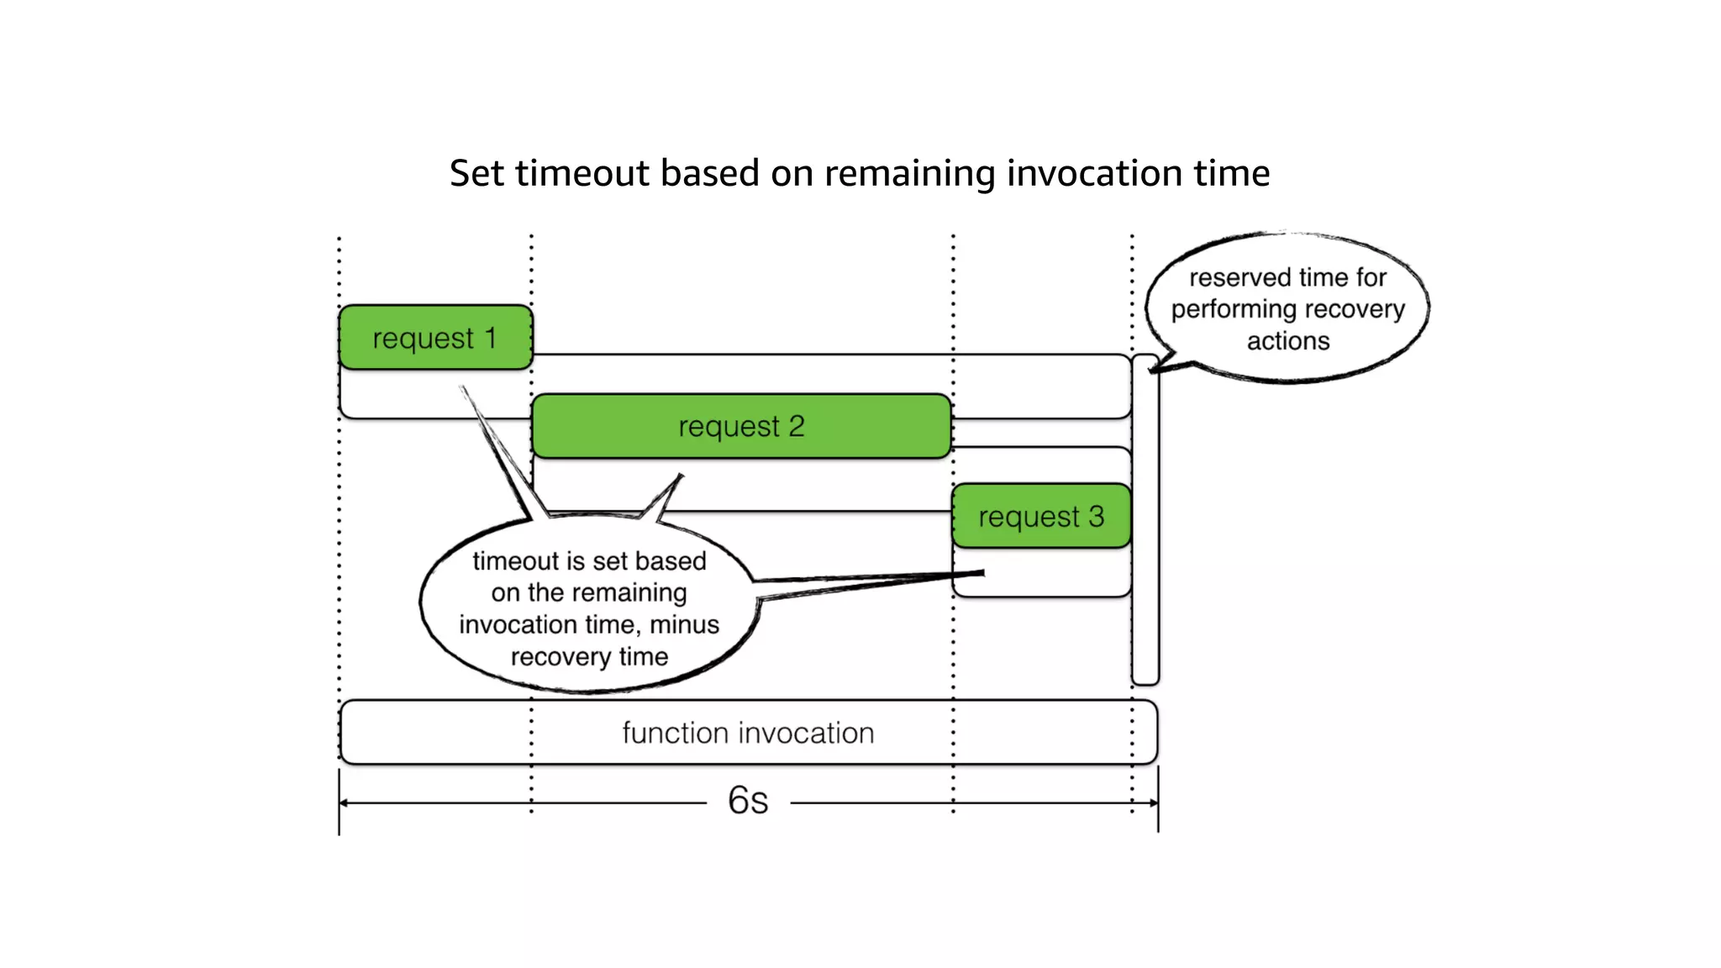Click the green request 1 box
(x=435, y=337)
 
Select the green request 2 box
(x=741, y=426)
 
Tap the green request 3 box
(x=1041, y=516)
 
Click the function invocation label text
(x=748, y=733)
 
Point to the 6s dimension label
(x=748, y=800)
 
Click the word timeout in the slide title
(x=582, y=173)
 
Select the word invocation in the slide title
(x=1090, y=173)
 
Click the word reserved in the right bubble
(x=1239, y=277)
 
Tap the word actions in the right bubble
(x=1288, y=341)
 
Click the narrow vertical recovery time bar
(x=1145, y=521)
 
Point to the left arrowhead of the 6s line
(x=344, y=803)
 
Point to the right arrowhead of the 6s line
(x=1154, y=803)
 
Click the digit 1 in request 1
(x=491, y=338)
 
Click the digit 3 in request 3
(x=1096, y=516)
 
